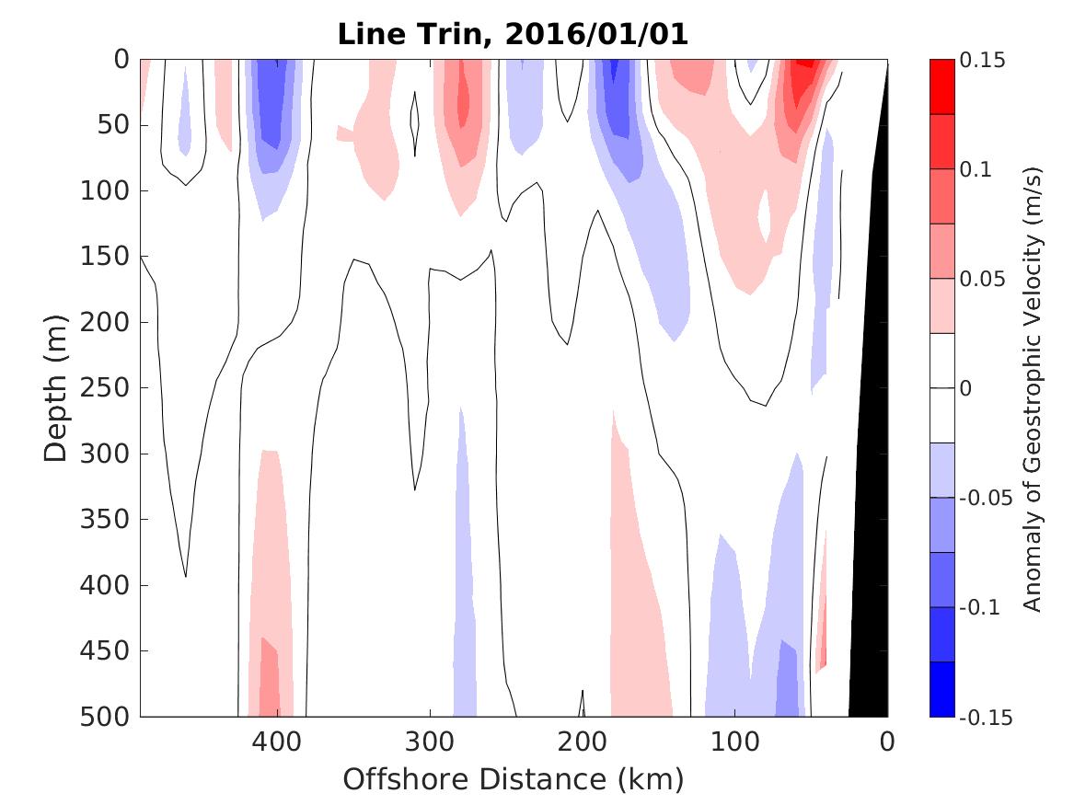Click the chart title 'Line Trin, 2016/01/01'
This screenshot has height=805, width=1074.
[513, 34]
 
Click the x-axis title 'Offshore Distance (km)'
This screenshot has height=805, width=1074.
[513, 780]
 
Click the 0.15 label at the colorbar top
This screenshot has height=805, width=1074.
[982, 60]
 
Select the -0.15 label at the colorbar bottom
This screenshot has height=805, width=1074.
[985, 718]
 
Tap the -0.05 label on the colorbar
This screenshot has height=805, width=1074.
[985, 499]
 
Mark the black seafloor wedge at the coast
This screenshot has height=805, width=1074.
[871, 598]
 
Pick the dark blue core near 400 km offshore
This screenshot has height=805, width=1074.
[271, 97]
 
